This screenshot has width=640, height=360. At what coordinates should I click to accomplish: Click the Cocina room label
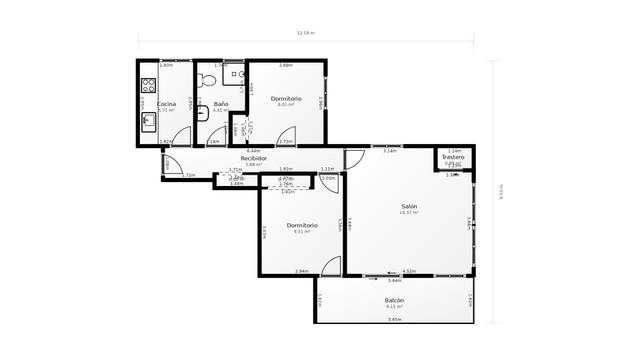[x=166, y=104]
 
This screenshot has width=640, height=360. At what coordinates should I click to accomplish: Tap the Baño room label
[x=222, y=104]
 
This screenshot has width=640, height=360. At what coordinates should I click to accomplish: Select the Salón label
[x=408, y=206]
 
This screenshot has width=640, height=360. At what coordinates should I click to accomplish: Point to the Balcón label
[x=394, y=300]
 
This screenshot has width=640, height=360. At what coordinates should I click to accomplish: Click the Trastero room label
[x=453, y=157]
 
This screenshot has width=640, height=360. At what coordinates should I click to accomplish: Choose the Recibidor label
[x=253, y=158]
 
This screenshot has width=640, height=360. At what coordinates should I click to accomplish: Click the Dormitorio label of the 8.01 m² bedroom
[x=286, y=98]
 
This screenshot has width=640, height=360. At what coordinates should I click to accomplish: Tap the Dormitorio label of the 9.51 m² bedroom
[x=302, y=225]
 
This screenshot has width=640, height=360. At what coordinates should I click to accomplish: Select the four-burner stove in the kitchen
[x=148, y=86]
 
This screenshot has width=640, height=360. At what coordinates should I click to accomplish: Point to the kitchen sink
[x=148, y=122]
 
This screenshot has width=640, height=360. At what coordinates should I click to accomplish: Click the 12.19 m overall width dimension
[x=305, y=33]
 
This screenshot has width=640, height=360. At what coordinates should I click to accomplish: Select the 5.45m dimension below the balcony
[x=394, y=319]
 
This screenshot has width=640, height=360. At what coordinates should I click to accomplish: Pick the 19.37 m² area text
[x=408, y=213]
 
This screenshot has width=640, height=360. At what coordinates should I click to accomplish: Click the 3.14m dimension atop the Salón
[x=389, y=151]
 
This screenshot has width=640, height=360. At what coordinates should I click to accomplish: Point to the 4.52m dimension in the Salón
[x=408, y=270]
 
